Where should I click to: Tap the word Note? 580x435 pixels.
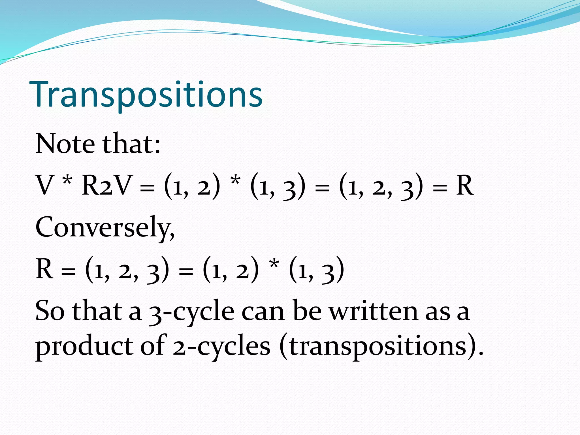click(65, 144)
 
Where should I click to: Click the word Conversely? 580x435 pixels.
click(105, 227)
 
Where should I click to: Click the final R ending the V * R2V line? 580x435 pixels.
click(465, 185)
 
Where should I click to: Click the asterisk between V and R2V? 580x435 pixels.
click(67, 181)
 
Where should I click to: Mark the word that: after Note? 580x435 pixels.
click(132, 144)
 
